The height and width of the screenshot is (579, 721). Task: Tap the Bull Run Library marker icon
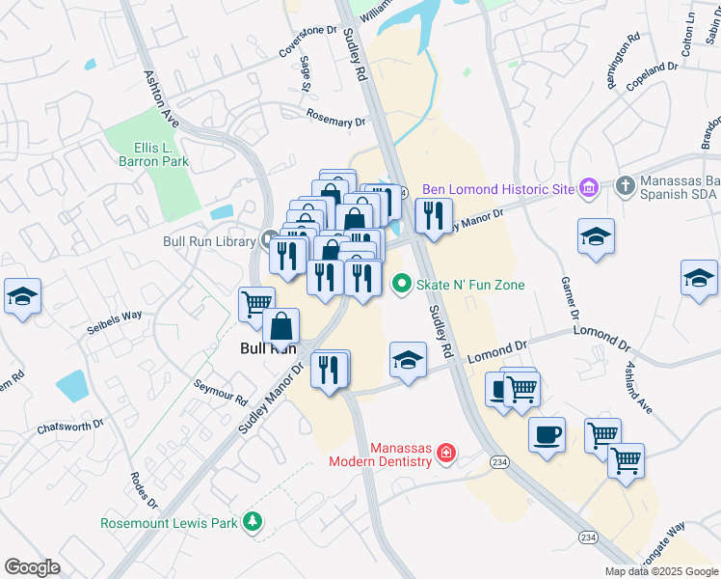tap(270, 239)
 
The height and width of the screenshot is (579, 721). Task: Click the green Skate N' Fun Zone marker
tap(402, 284)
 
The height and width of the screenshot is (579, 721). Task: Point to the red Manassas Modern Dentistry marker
tap(445, 452)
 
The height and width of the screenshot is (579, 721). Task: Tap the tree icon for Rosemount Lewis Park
tap(253, 520)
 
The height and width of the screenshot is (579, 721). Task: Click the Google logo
tap(32, 567)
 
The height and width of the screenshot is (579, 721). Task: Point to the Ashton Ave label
tap(161, 97)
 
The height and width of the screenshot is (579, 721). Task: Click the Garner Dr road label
tap(569, 300)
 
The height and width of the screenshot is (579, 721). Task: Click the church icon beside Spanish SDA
tap(626, 185)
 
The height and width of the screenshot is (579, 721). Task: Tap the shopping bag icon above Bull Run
tap(280, 325)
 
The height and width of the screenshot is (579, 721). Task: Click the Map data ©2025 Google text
tap(660, 571)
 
